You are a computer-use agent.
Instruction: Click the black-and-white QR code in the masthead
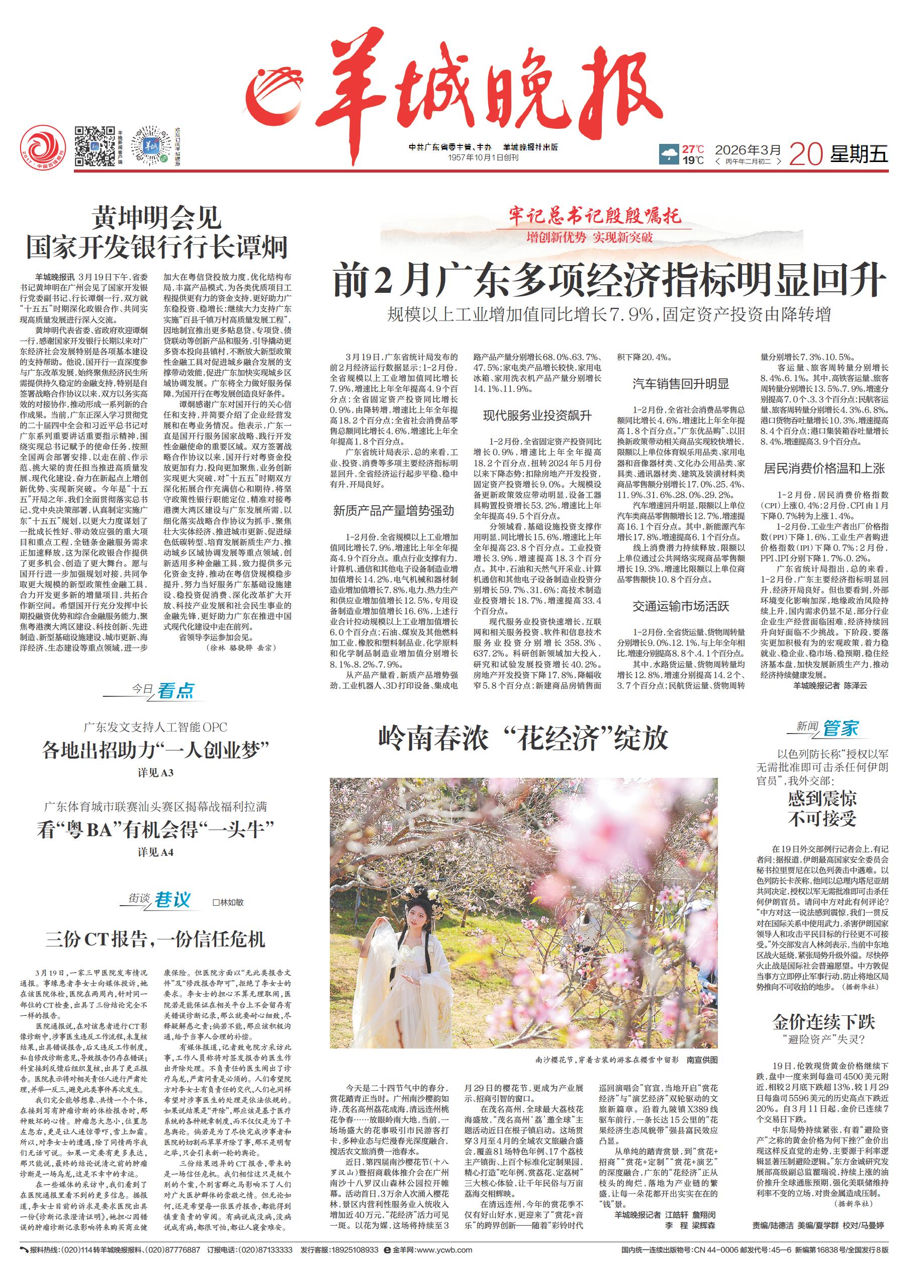pos(95,146)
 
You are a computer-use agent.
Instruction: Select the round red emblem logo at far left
pos(42,148)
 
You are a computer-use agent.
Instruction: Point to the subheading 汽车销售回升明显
pos(680,384)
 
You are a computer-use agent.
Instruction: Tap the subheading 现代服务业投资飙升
pos(537,416)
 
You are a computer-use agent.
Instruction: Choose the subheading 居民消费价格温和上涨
pos(824,468)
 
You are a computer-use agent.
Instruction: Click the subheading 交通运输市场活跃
pos(680,606)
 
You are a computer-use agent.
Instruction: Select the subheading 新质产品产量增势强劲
pos(393,511)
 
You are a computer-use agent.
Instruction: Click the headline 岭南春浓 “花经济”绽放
pos(523,738)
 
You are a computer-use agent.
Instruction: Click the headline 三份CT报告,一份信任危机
pos(155,939)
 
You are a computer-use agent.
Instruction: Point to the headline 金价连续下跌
pos(824,1021)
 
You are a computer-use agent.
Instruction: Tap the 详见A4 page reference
pos(155,852)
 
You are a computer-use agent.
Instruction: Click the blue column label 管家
pos(841,729)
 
